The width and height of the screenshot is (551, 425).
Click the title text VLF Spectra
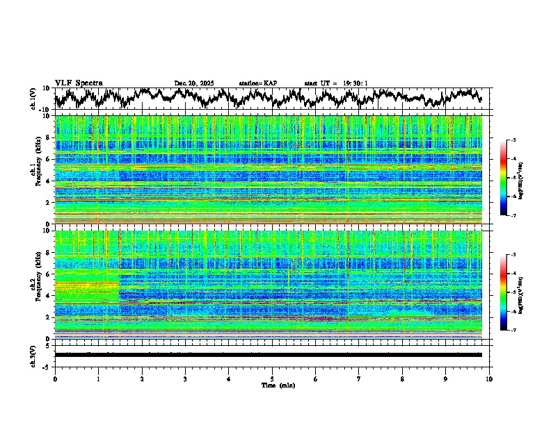(79, 83)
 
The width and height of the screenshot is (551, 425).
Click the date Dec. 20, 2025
(194, 83)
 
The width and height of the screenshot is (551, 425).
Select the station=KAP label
(257, 83)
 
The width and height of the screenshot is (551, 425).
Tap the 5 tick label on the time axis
(272, 379)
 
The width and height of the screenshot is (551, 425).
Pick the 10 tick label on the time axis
(489, 379)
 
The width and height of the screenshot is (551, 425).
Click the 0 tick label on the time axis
(55, 379)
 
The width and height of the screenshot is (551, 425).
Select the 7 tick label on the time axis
(359, 379)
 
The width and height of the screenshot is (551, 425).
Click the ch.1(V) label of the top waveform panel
(33, 99)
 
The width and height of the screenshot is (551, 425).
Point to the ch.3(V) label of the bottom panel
(33, 355)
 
